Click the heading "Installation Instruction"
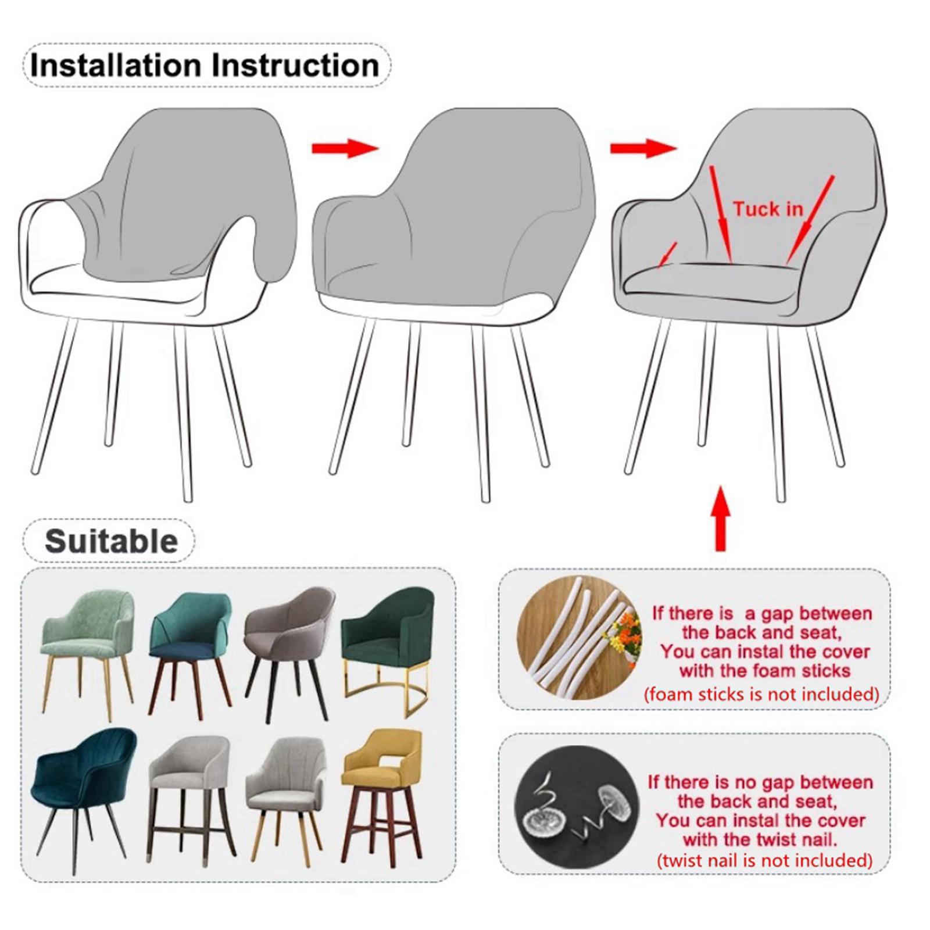click(x=205, y=65)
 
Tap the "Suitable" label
click(x=111, y=542)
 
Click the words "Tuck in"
click(x=768, y=209)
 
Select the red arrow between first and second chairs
click(x=345, y=148)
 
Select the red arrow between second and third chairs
click(x=643, y=148)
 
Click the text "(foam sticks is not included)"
click(x=761, y=694)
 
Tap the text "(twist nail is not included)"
click(x=764, y=860)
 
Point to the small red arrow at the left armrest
click(x=668, y=255)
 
